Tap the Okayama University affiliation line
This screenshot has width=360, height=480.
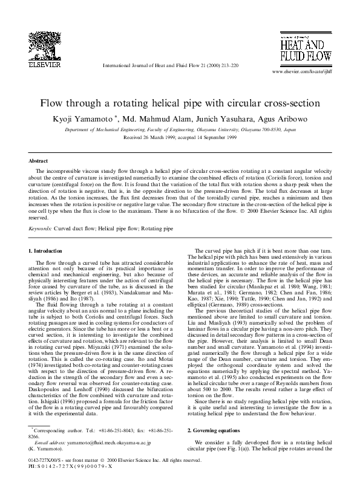(x=180, y=129)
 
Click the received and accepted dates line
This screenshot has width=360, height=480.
(x=180, y=137)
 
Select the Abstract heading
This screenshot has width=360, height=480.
(x=39, y=161)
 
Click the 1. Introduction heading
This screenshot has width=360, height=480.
(x=50, y=250)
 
